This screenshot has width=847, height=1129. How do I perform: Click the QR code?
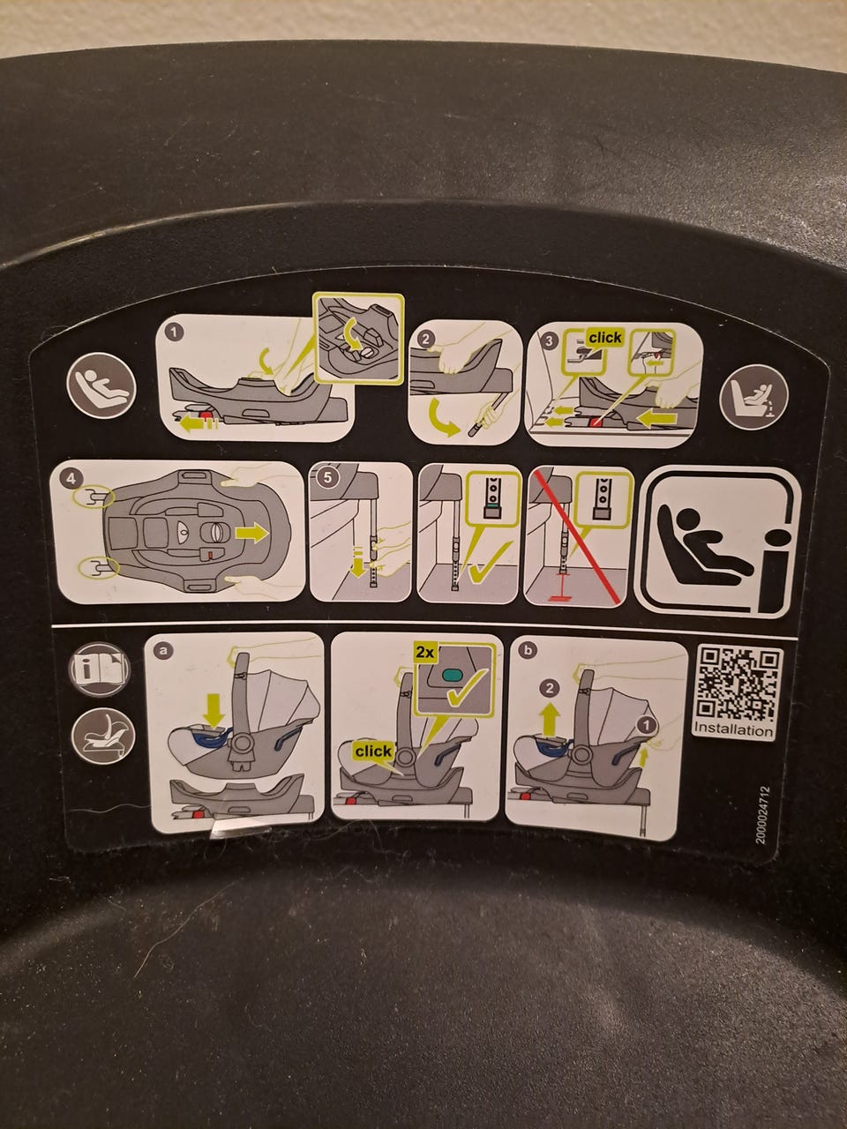(736, 684)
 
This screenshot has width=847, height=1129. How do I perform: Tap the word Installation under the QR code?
(733, 729)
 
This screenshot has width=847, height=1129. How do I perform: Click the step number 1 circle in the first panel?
(175, 333)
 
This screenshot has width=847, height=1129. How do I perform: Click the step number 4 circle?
(71, 478)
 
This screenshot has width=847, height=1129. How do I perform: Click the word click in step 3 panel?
(605, 338)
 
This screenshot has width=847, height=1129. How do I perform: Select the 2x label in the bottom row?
(425, 653)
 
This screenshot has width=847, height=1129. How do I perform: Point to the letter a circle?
(163, 650)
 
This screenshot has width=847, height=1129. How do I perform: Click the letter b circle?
(528, 650)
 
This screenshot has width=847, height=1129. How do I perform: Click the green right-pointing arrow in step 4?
(251, 534)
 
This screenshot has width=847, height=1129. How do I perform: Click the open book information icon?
(99, 669)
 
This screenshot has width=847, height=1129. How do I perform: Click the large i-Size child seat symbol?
(718, 542)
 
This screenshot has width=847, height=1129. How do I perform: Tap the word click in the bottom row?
(373, 751)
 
